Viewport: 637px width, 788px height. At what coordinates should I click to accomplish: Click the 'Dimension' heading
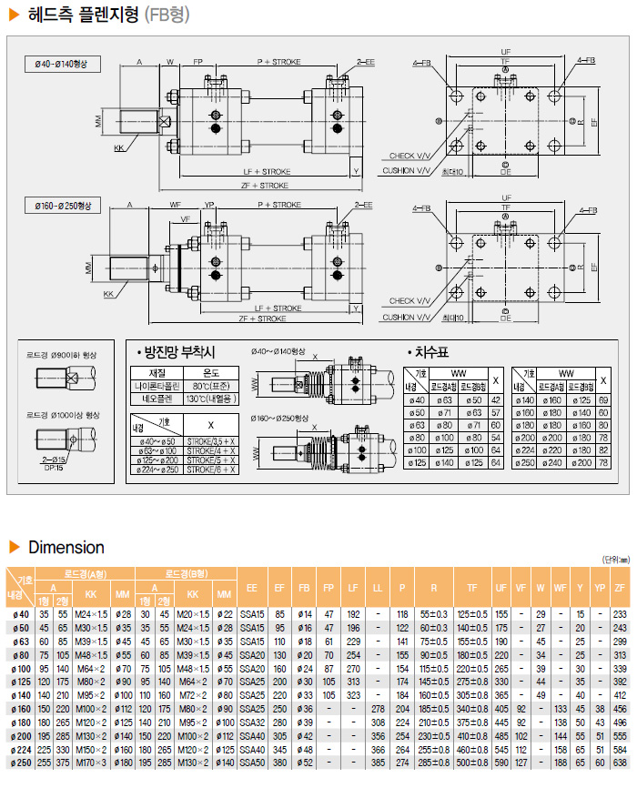pos(66,547)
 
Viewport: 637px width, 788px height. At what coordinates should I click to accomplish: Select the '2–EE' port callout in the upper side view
pos(365,62)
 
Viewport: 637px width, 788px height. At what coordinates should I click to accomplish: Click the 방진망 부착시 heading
pos(176,353)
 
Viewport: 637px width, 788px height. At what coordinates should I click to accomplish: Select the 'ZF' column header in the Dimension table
pos(620,589)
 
